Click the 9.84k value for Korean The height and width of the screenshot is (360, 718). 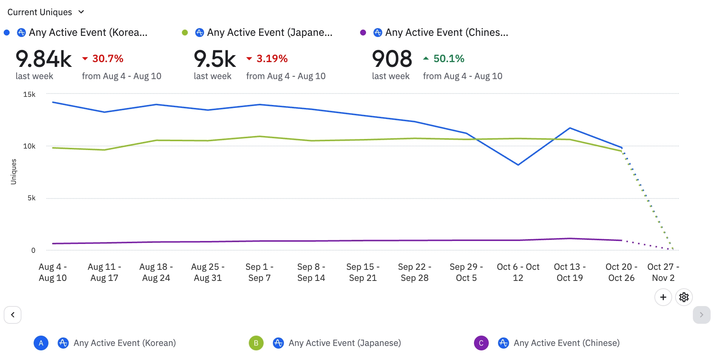44,59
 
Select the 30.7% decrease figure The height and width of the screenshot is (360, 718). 108,59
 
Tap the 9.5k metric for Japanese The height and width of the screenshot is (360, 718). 215,59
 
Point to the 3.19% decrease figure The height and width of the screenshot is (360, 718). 272,59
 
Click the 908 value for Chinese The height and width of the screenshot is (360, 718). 392,59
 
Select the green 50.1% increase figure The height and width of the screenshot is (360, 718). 448,59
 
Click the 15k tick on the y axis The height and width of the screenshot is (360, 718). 30,95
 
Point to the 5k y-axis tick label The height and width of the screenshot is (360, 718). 32,198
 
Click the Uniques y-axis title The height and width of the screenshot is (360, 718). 14,171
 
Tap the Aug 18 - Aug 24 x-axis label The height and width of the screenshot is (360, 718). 156,272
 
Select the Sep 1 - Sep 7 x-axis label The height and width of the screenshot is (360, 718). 260,272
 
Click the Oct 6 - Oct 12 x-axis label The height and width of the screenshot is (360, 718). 518,272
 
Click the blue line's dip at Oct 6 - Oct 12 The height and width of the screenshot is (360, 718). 518,165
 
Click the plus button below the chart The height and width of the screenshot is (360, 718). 663,297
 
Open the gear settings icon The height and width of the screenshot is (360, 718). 684,297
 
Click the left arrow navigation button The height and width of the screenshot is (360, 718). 13,315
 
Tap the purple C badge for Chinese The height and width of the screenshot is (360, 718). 481,343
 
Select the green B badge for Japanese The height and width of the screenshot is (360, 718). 256,343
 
